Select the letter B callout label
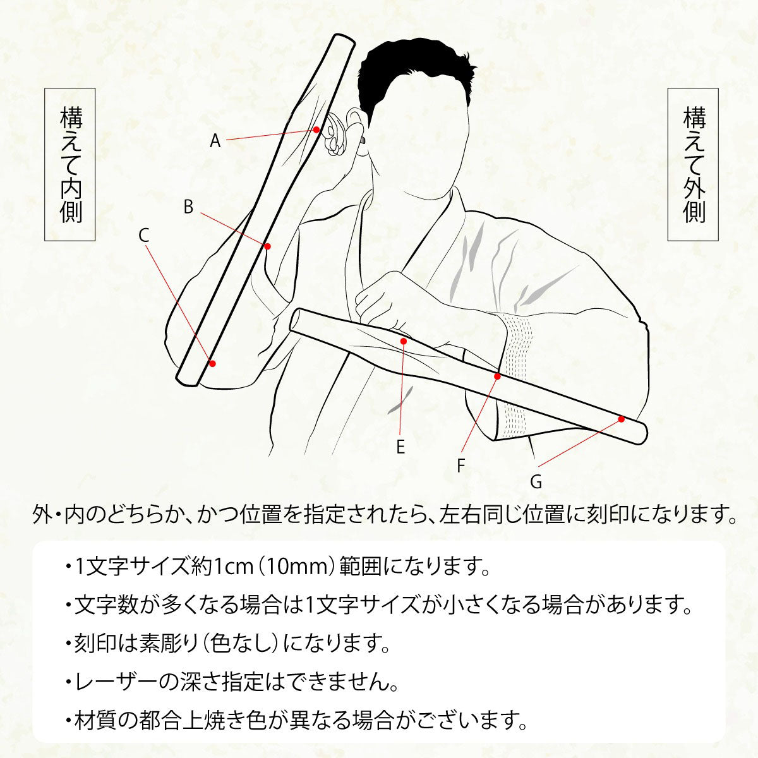point(188,207)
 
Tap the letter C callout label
point(143,236)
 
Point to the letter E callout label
point(400,447)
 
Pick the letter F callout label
point(461,466)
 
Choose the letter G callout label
point(536,482)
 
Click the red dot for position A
point(316,129)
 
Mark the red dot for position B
point(268,246)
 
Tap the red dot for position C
point(212,363)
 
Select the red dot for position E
point(404,341)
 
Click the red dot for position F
point(497,376)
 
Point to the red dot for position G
point(621,419)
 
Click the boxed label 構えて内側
point(70,164)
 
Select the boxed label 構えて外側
point(694,164)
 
